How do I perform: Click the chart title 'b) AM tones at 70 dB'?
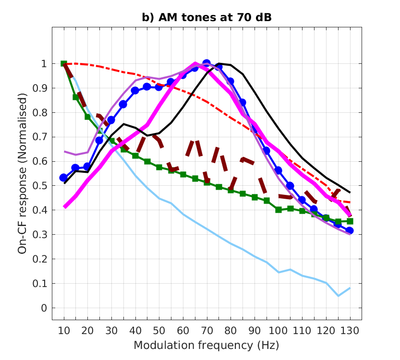click(206, 18)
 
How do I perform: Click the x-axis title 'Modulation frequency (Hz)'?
click(206, 345)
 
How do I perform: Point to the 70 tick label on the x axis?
click(206, 331)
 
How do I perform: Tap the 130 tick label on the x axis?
click(350, 331)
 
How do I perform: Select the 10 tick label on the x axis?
click(64, 331)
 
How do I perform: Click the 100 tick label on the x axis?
click(278, 331)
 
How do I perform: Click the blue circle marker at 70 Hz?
click(206, 63)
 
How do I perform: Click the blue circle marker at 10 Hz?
click(64, 178)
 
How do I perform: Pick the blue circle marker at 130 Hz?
click(350, 231)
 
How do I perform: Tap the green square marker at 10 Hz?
click(64, 64)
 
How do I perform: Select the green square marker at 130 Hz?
click(350, 221)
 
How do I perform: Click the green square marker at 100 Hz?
click(278, 210)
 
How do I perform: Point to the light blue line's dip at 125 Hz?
click(338, 296)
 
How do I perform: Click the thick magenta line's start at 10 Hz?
click(64, 207)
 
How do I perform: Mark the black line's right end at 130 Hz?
click(350, 192)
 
